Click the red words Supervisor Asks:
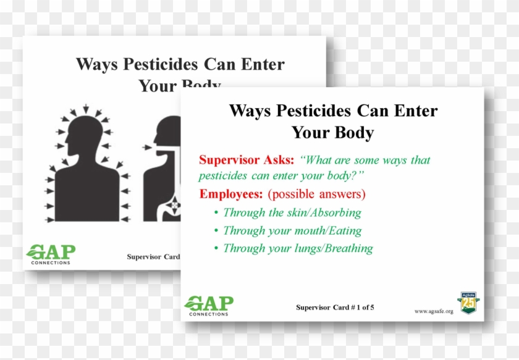(x=247, y=160)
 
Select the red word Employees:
(x=230, y=194)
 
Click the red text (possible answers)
(x=316, y=194)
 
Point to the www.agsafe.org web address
(x=434, y=311)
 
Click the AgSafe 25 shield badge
(x=468, y=303)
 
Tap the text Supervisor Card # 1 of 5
(x=335, y=308)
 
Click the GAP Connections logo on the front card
(x=209, y=306)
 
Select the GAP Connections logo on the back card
(x=51, y=254)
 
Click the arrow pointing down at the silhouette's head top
(x=86, y=109)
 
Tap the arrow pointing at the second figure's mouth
(x=147, y=147)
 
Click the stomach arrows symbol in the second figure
(x=174, y=206)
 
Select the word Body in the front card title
(x=354, y=133)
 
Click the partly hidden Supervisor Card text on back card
(x=153, y=257)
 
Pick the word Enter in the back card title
(x=263, y=64)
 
